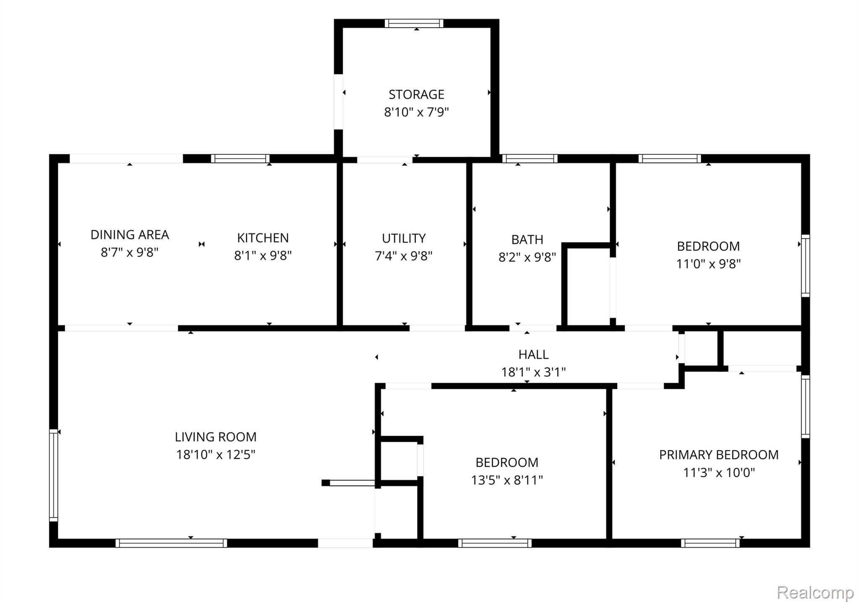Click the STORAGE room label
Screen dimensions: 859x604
pos(416,94)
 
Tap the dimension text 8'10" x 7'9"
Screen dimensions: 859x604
pos(416,112)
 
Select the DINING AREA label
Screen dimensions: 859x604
pos(130,234)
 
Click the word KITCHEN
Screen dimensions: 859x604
pos(263,238)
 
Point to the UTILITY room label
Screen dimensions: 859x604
pos(403,238)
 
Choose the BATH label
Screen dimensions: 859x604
pos(527,240)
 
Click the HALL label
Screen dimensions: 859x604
pos(533,354)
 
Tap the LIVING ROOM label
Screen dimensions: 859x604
pos(216,437)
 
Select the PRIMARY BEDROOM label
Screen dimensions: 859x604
pos(719,455)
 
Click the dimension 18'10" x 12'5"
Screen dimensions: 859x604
pos(216,455)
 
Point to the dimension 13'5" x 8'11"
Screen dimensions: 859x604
pos(507,480)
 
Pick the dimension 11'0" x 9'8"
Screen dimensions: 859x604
pos(708,264)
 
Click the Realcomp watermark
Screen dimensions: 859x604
pos(815,593)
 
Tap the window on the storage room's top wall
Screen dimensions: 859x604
pos(414,23)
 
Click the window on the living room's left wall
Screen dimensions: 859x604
pos(53,475)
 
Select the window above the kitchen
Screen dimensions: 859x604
pos(240,159)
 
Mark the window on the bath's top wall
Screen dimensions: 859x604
pos(530,159)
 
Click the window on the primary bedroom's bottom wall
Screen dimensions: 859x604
pos(710,543)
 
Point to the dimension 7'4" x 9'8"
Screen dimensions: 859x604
pos(403,256)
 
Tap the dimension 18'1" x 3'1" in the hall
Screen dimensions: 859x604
pos(534,372)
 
